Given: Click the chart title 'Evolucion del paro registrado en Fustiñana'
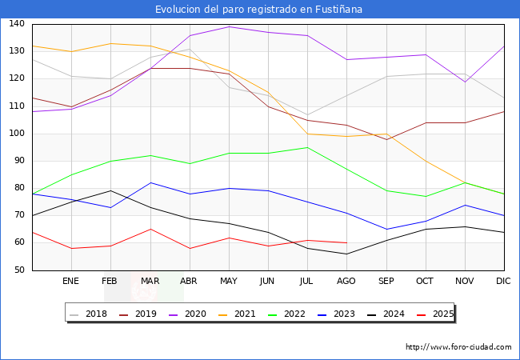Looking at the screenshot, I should pos(260,10).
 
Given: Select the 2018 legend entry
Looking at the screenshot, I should pos(90,314).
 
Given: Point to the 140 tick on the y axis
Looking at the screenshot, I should pos(16,24).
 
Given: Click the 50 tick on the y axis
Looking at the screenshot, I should pos(18,270).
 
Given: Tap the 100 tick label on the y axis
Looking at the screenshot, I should pos(16,134).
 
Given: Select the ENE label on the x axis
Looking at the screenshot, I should pos(71,282).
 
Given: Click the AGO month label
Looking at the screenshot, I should pos(346,282).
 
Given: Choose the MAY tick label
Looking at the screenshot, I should pos(229,282).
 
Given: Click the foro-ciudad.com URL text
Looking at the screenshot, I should pos(458,347).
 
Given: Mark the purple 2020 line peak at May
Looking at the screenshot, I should pos(229,26).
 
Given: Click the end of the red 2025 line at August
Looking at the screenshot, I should pos(346,242).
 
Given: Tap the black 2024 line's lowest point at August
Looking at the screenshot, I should pos(346,254).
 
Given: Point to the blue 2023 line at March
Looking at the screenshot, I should pos(150,182).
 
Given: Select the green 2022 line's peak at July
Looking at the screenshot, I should pos(307,147).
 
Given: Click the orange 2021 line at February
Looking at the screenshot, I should pos(110,43).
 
